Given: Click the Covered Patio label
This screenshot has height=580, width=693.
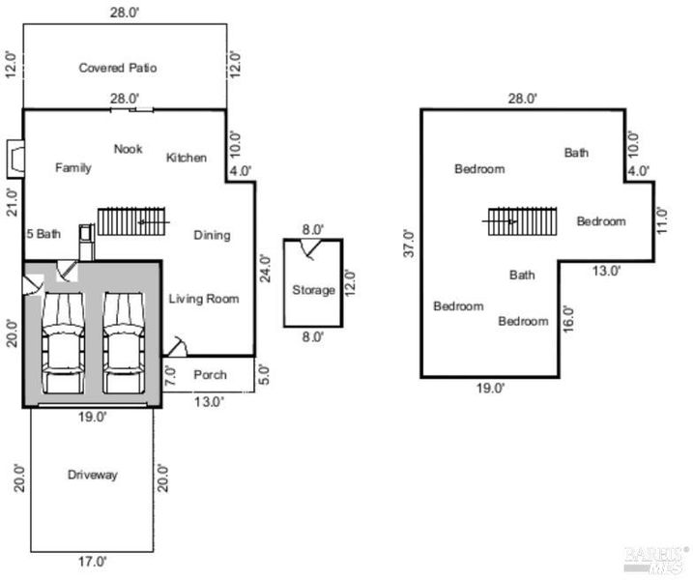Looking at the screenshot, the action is [x=118, y=68].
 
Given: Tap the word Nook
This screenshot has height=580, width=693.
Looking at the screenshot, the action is [x=129, y=149].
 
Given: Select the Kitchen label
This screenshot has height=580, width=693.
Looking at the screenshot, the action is [x=187, y=158].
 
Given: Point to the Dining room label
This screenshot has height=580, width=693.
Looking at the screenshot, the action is [x=212, y=235].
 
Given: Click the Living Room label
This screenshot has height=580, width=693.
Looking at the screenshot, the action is [x=204, y=299].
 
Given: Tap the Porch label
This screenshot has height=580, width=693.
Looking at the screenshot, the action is [x=210, y=374].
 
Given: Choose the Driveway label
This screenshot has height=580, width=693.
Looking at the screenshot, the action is [x=93, y=475].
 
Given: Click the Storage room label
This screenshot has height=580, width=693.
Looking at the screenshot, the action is [x=313, y=290].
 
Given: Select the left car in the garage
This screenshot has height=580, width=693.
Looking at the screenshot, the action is [x=63, y=343].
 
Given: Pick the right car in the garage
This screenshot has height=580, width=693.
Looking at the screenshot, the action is [x=124, y=343].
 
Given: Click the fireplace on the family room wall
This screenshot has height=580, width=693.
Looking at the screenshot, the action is [x=15, y=159].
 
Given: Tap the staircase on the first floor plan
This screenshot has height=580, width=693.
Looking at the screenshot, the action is [x=131, y=221].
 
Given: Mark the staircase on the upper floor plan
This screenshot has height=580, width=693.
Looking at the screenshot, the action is [x=520, y=221].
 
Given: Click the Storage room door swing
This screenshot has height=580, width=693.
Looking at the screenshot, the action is [x=310, y=248].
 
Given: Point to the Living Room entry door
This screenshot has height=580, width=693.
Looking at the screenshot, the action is [x=176, y=347].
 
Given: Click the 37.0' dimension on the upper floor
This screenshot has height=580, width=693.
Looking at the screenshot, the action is [x=410, y=244].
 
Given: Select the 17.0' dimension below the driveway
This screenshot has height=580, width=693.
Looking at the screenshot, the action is [x=93, y=562].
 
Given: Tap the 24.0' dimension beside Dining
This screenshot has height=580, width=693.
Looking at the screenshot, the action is [x=265, y=268].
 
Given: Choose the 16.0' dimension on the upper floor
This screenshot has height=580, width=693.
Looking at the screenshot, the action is [x=568, y=318].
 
